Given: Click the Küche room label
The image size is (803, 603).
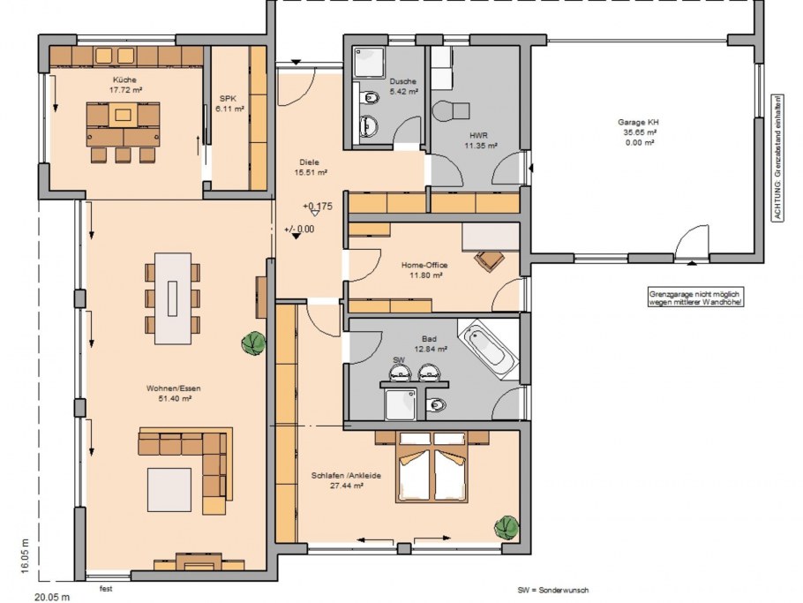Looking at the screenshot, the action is coord(125,80).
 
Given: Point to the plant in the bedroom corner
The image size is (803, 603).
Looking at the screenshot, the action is coord(507,528).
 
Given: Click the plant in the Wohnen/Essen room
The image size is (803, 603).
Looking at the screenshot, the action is coord(253,343).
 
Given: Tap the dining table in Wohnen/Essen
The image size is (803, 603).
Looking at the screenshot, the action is coord(173,298).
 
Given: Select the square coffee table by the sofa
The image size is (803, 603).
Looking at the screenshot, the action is coord(169,489).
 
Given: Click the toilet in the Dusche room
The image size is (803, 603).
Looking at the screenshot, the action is coord(368,97).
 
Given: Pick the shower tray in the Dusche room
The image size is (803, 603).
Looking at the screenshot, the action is coord(369,63).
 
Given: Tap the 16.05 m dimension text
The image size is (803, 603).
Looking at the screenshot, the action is coord(26,556).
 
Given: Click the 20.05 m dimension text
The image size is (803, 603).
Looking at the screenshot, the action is coord(52,597).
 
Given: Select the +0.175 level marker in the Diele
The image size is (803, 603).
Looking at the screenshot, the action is coord(318,207).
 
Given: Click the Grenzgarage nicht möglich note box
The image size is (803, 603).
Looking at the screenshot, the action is coord(696,298).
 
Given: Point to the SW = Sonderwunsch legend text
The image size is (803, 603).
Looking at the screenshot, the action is coord(553,590).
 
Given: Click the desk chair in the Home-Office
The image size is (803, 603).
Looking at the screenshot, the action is coord(489,260).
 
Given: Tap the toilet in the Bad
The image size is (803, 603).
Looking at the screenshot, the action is coord(436,405).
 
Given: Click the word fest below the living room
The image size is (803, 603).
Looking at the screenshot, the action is coord(106,589).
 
